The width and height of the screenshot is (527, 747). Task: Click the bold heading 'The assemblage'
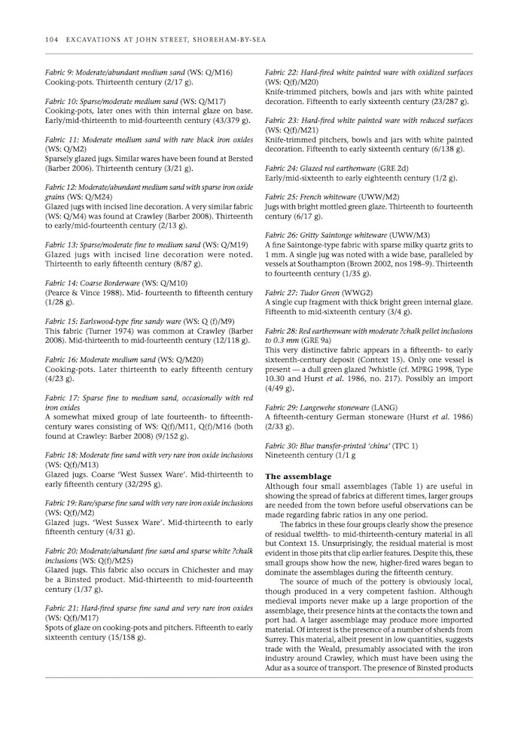coord(298,477)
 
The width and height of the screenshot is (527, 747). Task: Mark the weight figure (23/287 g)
coord(443,100)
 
